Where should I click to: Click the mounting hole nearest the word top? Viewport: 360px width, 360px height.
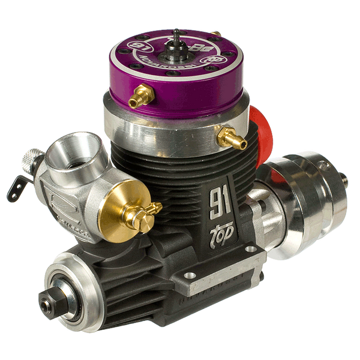click(190, 275)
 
